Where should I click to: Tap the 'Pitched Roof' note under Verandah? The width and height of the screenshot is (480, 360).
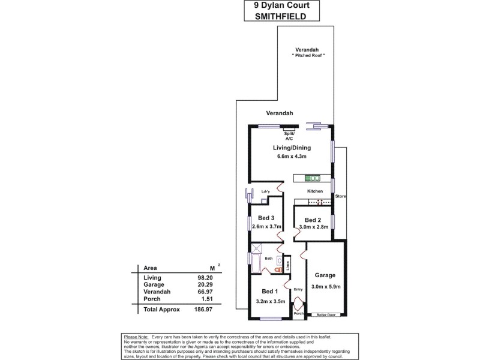click(308, 55)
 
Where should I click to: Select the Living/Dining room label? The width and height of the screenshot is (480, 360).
click(291, 146)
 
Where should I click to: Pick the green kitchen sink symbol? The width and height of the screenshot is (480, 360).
click(313, 178)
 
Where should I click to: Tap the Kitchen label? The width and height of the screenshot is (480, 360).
click(315, 191)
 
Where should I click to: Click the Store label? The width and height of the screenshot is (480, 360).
click(340, 196)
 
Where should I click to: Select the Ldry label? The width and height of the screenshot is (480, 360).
click(266, 191)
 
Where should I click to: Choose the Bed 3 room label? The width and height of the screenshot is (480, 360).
click(266, 217)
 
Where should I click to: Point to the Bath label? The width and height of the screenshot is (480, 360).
click(269, 259)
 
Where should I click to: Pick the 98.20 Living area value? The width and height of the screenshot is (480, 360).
click(205, 278)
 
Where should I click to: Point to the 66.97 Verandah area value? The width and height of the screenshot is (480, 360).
click(205, 292)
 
